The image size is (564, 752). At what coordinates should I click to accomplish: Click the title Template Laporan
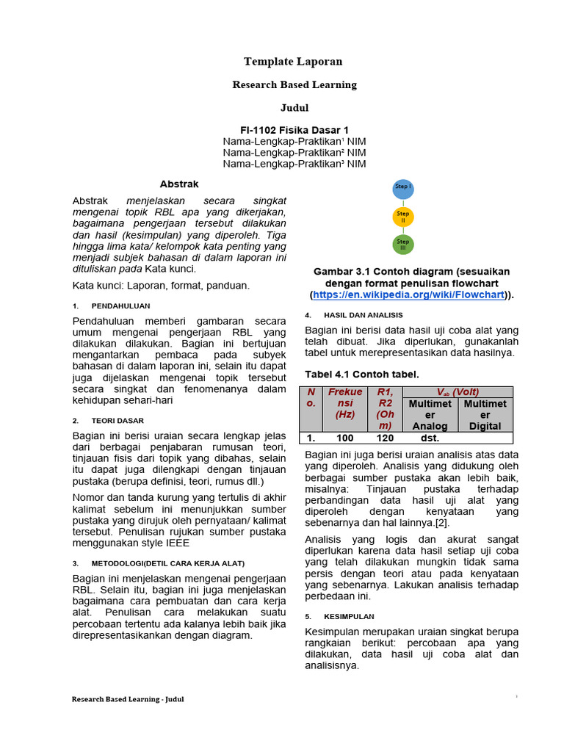tap(294, 62)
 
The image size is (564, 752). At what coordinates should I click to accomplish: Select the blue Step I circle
tap(402, 189)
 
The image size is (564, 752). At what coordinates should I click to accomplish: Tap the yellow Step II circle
tap(402, 217)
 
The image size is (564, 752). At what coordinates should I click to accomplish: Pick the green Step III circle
tap(402, 244)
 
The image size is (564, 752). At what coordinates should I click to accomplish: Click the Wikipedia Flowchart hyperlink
tap(409, 294)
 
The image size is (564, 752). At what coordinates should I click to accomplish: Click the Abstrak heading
tap(179, 184)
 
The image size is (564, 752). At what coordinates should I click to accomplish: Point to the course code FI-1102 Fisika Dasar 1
tap(294, 130)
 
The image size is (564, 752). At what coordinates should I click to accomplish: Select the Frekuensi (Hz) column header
tap(345, 408)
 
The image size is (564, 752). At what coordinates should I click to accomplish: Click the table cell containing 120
tap(385, 438)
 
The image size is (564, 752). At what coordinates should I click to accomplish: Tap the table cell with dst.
tap(430, 438)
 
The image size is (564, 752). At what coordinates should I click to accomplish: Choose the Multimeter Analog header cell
tap(430, 415)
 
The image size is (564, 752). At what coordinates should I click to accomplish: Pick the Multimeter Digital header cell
tap(485, 415)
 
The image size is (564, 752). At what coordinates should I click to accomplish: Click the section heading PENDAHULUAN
tap(120, 305)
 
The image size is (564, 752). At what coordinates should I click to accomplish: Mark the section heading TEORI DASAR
tap(117, 421)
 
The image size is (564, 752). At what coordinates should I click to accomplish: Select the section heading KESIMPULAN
tap(350, 616)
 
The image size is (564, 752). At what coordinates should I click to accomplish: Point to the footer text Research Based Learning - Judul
tap(128, 699)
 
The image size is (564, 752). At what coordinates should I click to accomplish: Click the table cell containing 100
tap(345, 438)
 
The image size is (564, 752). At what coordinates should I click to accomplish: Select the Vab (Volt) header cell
tap(458, 392)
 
